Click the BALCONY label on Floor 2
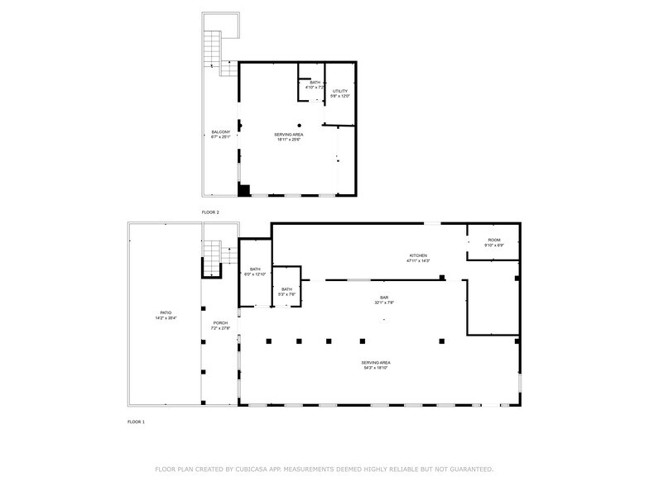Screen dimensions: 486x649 point(220,132)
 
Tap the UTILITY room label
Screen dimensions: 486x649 point(340,91)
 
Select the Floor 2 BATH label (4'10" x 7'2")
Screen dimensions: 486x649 point(315,83)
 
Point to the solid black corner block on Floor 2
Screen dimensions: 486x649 point(244,190)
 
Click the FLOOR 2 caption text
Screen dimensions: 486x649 point(210,212)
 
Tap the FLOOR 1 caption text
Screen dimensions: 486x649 point(136,422)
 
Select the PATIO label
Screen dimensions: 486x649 point(166,312)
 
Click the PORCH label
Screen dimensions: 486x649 point(220,322)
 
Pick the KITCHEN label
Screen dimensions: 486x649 point(417,255)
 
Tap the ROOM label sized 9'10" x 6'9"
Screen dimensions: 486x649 point(493,240)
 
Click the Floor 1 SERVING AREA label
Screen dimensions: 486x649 point(376,363)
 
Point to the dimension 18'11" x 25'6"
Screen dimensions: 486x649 point(289,139)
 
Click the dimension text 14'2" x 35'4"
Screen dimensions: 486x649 point(166,318)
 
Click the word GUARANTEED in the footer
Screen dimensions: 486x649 point(469,469)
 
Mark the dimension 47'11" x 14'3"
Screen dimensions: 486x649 point(417,261)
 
